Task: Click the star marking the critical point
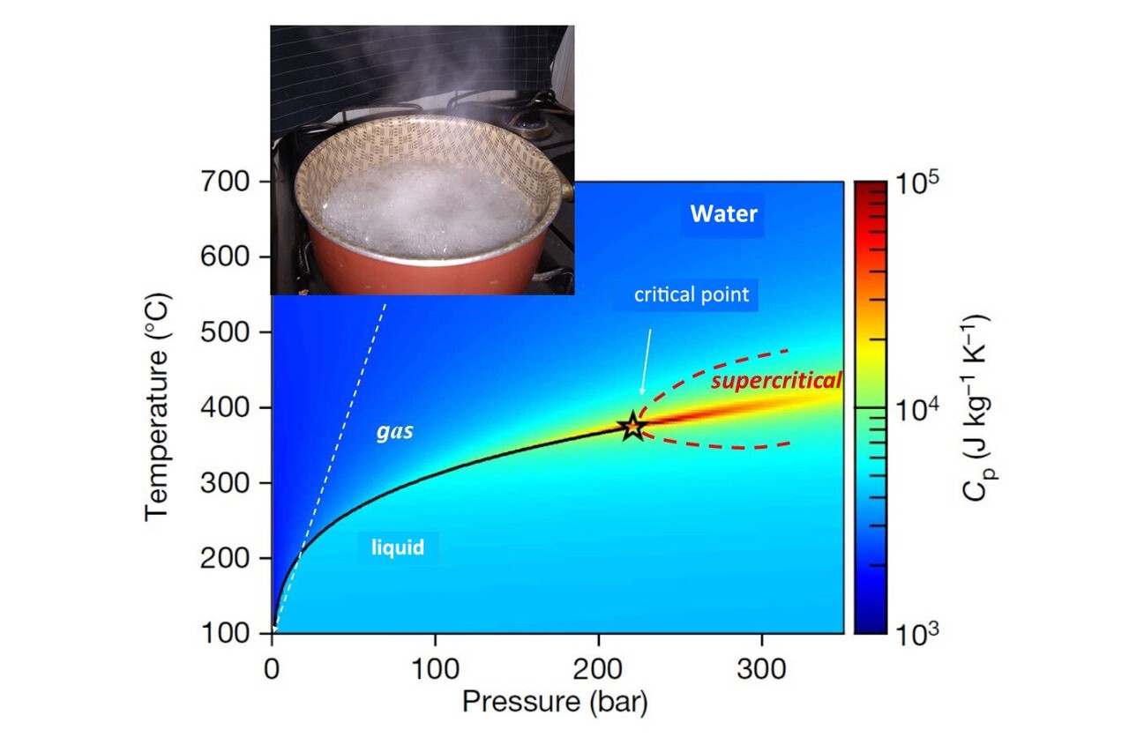tap(633, 427)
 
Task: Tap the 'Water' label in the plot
tap(723, 213)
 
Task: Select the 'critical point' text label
tap(691, 294)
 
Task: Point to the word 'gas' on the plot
tap(395, 434)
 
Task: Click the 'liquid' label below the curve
tap(397, 547)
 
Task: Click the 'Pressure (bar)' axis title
tap(556, 702)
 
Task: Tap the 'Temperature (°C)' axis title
tap(159, 407)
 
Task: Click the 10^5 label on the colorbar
tap(918, 185)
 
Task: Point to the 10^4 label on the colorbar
tap(918, 410)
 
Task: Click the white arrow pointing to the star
tap(647, 361)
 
